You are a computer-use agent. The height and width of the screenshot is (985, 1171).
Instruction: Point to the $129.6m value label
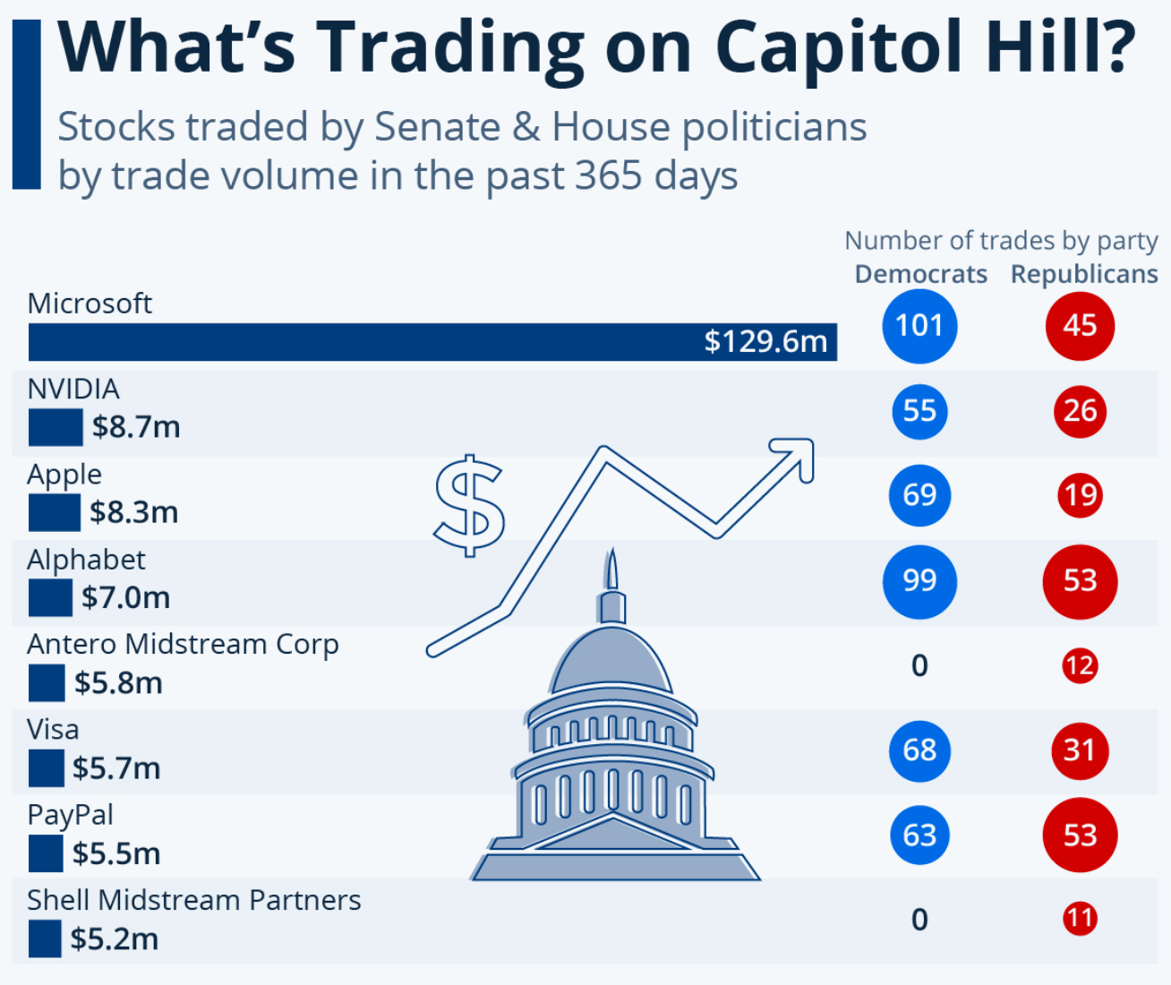[x=765, y=341]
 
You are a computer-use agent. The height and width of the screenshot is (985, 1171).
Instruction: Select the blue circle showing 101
[x=919, y=326]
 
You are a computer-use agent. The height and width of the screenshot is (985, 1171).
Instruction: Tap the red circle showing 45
[x=1080, y=326]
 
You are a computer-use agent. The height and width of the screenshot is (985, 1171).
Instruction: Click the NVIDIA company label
[x=73, y=389]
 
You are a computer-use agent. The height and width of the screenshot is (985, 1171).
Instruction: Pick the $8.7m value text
[x=136, y=427]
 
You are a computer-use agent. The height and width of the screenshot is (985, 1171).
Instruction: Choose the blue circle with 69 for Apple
[x=919, y=495]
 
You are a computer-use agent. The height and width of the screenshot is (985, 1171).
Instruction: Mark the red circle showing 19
[x=1080, y=495]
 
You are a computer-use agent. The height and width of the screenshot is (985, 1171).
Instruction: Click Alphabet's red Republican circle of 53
[x=1080, y=581]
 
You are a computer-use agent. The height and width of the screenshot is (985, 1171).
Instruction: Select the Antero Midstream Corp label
[x=183, y=644]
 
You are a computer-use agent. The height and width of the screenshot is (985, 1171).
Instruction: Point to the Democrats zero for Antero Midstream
[x=919, y=665]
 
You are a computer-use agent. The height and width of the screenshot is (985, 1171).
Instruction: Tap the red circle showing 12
[x=1080, y=665]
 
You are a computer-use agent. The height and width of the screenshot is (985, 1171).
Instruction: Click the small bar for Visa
[x=46, y=768]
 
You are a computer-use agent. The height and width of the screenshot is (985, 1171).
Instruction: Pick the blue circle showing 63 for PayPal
[x=919, y=835]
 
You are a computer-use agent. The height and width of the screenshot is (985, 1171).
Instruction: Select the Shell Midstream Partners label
[x=193, y=900]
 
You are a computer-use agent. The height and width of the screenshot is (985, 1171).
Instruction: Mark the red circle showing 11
[x=1080, y=919]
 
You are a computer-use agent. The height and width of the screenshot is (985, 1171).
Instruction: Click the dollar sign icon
[x=469, y=506]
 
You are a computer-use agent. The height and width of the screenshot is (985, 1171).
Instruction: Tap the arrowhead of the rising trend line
[x=799, y=452]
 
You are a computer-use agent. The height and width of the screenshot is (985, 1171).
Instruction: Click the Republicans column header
[x=1084, y=274]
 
